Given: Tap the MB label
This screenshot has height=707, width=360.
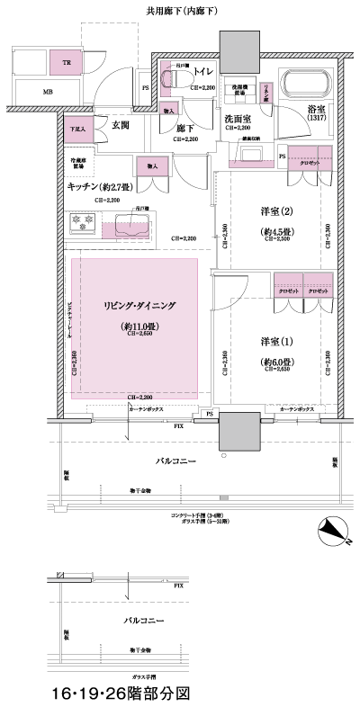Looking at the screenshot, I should point(47,91).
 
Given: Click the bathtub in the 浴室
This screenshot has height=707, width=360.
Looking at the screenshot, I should point(307,85).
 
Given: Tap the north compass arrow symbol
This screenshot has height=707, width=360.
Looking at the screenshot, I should point(334,532).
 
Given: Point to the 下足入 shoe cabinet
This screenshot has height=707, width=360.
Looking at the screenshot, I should point(79,129).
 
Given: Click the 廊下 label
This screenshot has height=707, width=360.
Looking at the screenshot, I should point(185,128).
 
